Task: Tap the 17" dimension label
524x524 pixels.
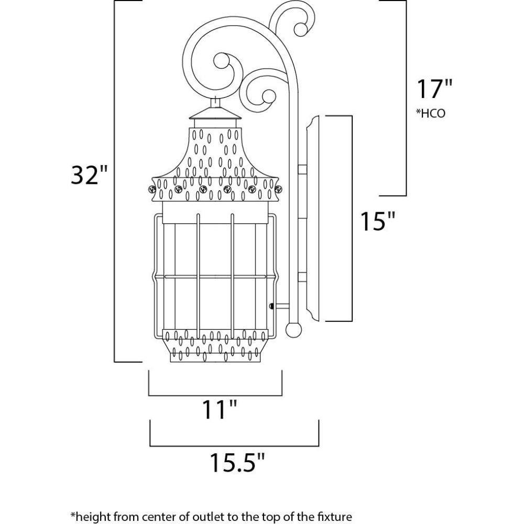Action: (434, 89)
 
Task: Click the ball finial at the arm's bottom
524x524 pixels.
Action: (296, 329)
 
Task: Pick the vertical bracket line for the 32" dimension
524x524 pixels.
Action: (115, 181)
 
